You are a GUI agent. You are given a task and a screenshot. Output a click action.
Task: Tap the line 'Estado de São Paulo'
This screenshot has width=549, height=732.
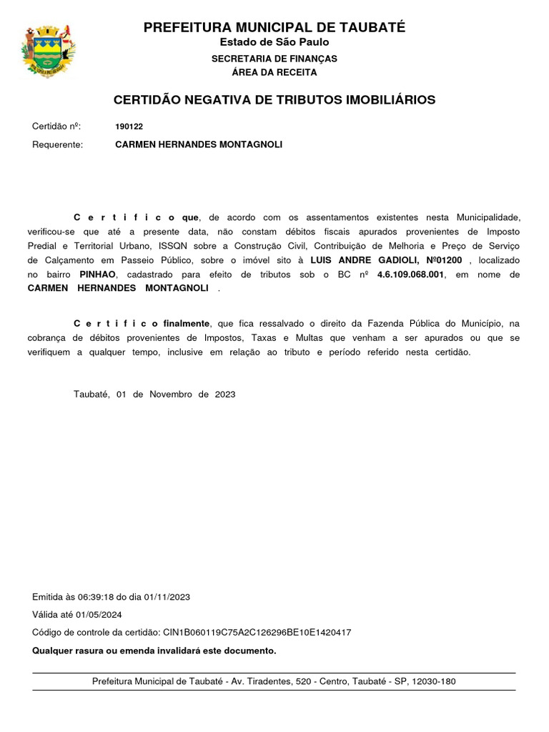coord(274,42)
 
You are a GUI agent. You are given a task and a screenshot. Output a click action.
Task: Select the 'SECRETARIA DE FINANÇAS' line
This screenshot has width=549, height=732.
coord(274,59)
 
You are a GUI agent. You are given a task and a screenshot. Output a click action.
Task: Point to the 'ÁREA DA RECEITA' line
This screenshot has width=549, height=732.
coord(274,72)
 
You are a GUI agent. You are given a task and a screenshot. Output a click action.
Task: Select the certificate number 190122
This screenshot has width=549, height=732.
coord(129,127)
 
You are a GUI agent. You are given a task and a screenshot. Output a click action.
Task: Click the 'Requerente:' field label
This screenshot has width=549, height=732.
coord(58,144)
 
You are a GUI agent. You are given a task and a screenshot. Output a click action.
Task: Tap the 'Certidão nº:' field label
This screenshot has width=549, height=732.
coord(56,127)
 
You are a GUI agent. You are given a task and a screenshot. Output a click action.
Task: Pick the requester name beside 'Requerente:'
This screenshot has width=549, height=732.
coord(199,144)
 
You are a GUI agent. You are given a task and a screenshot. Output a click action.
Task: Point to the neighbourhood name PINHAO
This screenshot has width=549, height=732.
coord(99,274)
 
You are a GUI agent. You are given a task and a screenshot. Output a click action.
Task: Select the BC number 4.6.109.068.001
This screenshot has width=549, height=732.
coord(410,274)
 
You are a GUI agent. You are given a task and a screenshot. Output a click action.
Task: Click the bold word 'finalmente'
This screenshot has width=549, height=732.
coord(186,324)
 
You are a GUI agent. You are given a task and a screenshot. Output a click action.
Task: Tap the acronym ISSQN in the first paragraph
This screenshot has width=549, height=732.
coord(174,246)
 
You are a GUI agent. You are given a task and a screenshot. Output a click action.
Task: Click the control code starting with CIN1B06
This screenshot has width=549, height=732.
coord(257,633)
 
